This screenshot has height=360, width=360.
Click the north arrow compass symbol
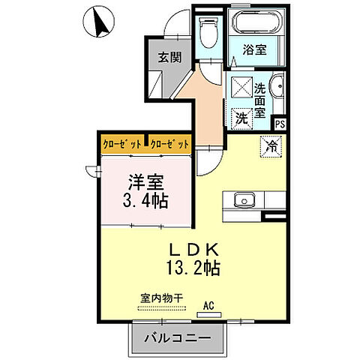coord(97,21)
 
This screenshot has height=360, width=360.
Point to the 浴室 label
coord(254,51)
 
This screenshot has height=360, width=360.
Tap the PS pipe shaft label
coord(280,125)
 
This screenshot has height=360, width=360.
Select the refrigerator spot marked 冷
coord(270,146)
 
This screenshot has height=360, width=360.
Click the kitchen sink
coord(244,200)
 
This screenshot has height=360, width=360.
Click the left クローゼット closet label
coord(124,142)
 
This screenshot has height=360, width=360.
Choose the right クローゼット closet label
coord(169,142)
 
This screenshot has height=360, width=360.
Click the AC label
coord(211,305)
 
